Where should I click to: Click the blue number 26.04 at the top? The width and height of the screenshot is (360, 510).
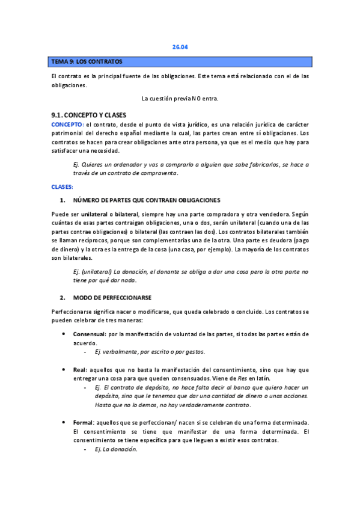(x=180, y=48)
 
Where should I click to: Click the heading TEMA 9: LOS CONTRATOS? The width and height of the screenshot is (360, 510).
(x=87, y=61)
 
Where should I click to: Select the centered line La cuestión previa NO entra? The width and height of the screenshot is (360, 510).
(x=180, y=98)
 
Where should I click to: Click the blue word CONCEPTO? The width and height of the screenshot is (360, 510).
(x=67, y=124)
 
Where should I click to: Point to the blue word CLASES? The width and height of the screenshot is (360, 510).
(x=62, y=187)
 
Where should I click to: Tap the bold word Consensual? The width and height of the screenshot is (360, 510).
(x=90, y=334)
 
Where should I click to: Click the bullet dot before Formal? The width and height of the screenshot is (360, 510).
(x=64, y=423)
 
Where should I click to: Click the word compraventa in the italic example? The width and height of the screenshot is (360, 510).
(x=158, y=173)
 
